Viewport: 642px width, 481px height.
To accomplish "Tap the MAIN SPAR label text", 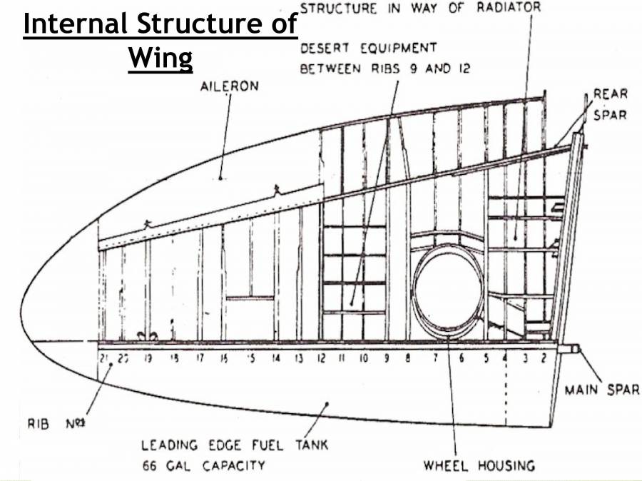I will click(x=601, y=390).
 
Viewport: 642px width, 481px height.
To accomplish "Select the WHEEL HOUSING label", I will click(x=479, y=466).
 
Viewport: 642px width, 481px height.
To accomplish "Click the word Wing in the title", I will click(x=160, y=58).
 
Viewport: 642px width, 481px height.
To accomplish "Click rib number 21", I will click(x=104, y=358).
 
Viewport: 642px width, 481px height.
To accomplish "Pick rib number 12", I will click(x=320, y=358).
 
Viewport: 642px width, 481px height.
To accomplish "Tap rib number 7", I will click(x=434, y=358).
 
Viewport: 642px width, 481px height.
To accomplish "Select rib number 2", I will click(x=544, y=358).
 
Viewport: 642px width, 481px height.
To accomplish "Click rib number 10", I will click(x=363, y=358).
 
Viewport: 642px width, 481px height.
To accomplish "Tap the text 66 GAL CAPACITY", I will click(x=203, y=466).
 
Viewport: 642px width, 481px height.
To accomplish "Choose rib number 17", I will click(x=200, y=358).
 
